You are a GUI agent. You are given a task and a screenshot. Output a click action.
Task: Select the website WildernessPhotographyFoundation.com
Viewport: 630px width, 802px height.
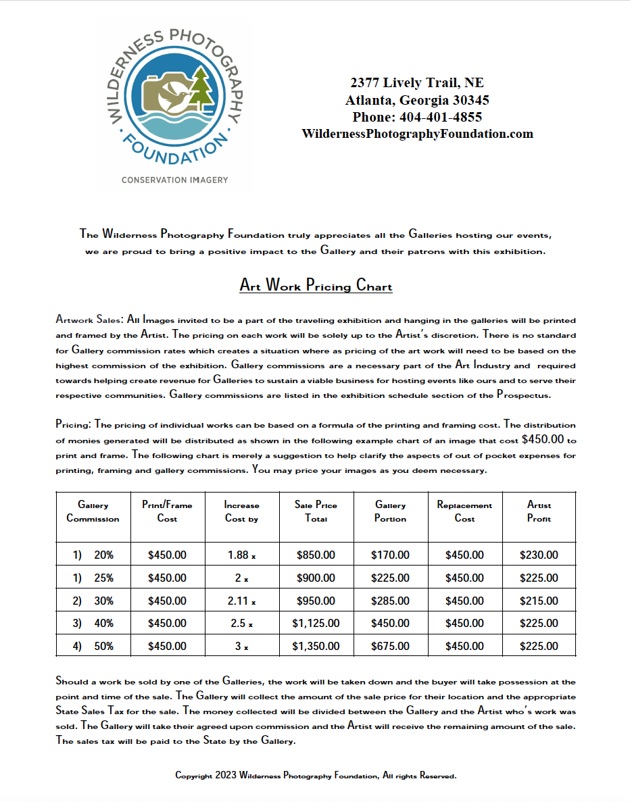click(417, 134)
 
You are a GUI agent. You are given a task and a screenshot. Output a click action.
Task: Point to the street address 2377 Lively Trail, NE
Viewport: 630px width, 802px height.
click(417, 83)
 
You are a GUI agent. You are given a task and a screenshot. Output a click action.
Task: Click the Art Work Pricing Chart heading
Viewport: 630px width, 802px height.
click(316, 285)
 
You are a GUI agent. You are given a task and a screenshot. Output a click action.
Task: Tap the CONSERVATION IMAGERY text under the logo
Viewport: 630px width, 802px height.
click(174, 180)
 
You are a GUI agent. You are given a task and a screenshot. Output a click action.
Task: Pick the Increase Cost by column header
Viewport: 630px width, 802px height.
click(241, 512)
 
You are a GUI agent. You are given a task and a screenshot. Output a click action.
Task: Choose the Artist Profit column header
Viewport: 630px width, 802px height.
click(539, 512)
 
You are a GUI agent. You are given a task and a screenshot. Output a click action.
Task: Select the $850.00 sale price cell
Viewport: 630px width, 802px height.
click(316, 555)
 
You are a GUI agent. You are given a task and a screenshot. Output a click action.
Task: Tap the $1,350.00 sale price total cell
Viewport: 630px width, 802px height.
click(316, 646)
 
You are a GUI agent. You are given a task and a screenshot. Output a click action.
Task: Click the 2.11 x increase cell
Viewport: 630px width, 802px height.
click(241, 601)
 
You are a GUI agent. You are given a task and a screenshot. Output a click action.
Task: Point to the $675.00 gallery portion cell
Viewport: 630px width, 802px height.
click(390, 646)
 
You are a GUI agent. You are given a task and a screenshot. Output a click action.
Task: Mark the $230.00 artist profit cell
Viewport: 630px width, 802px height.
click(539, 555)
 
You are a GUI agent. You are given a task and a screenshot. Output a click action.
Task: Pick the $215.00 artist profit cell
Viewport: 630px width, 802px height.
click(539, 601)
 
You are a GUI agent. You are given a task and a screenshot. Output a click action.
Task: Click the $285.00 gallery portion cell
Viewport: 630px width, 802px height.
click(390, 601)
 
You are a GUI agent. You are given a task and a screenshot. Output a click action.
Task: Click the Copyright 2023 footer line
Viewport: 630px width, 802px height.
click(316, 776)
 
